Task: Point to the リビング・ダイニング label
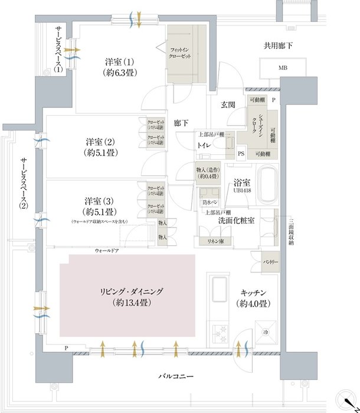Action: pos(127,292)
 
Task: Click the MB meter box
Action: pos(284,67)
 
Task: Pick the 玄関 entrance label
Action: pos(228,105)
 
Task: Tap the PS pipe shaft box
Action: pos(241,154)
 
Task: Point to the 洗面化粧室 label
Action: pos(236,220)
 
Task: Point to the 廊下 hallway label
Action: pos(181,124)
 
